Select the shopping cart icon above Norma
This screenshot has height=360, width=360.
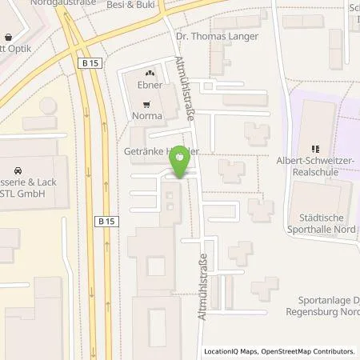(146, 103)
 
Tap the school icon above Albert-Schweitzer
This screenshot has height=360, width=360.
(315, 147)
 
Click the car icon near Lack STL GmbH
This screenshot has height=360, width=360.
(16, 170)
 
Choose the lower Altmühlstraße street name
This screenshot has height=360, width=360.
(202, 286)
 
